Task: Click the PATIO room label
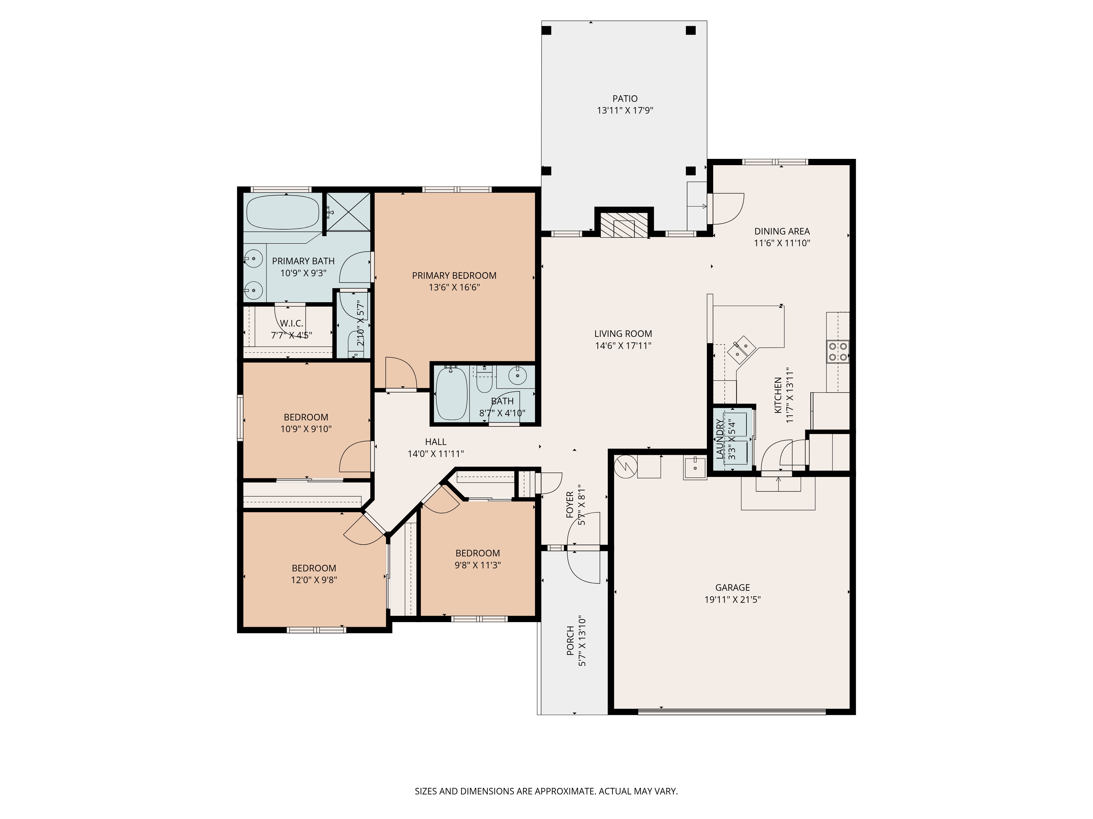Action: click(x=625, y=99)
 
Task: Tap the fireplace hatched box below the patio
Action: click(x=624, y=225)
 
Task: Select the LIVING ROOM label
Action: click(x=623, y=334)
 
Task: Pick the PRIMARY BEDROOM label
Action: click(x=454, y=275)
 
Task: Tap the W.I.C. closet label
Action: click(x=292, y=323)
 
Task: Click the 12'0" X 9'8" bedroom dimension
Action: click(x=314, y=580)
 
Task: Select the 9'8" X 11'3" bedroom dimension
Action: click(x=478, y=565)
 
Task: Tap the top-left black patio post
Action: click(x=546, y=30)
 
